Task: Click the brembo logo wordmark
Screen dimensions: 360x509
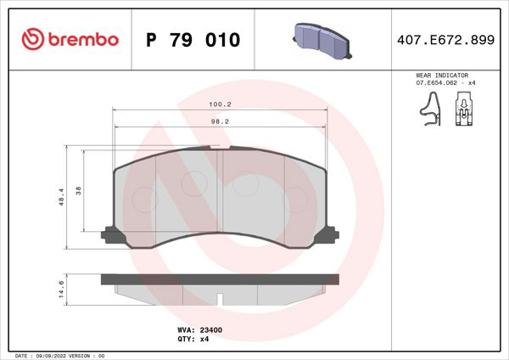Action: click(x=81, y=39)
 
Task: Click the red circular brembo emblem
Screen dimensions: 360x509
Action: click(x=31, y=39)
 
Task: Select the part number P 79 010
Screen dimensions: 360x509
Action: click(x=193, y=40)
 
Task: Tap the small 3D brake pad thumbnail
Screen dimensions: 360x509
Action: click(x=323, y=38)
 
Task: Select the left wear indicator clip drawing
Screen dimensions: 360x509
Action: click(x=431, y=109)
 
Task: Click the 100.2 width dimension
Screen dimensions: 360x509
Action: click(x=221, y=104)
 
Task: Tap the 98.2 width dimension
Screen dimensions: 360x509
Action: click(x=221, y=121)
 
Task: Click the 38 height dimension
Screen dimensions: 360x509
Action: click(x=79, y=191)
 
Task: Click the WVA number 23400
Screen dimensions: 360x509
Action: click(x=210, y=329)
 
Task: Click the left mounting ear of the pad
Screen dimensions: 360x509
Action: click(x=109, y=234)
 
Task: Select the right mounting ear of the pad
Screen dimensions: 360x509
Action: click(x=331, y=234)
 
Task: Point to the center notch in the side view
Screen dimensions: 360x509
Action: click(x=220, y=299)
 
